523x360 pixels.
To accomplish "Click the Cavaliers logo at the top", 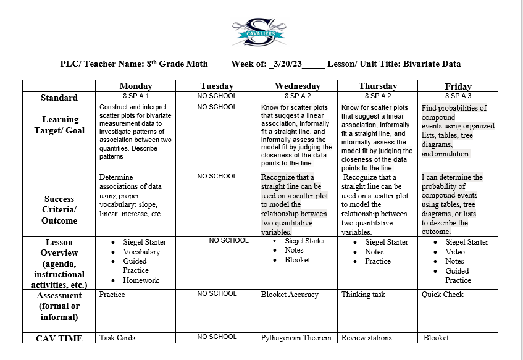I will (259, 31).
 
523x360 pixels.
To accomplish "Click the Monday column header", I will (136, 86).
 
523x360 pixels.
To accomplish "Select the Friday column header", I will (458, 86).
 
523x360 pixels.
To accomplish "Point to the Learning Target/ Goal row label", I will (60, 125).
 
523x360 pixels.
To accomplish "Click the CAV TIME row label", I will (60, 338).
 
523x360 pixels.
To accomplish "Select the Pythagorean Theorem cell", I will (296, 338).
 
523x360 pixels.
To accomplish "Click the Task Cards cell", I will (117, 338).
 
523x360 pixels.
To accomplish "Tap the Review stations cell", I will (366, 338).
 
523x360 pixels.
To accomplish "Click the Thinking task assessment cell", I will (363, 295).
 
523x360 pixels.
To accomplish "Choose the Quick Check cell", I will (442, 295).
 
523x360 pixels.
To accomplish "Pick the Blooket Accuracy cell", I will (290, 295).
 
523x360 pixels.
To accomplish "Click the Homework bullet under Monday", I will (141, 280).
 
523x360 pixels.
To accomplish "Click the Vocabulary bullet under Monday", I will (141, 252).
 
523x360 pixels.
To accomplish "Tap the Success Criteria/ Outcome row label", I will (60, 210).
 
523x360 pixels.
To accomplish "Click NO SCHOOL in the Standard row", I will (217, 96).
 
